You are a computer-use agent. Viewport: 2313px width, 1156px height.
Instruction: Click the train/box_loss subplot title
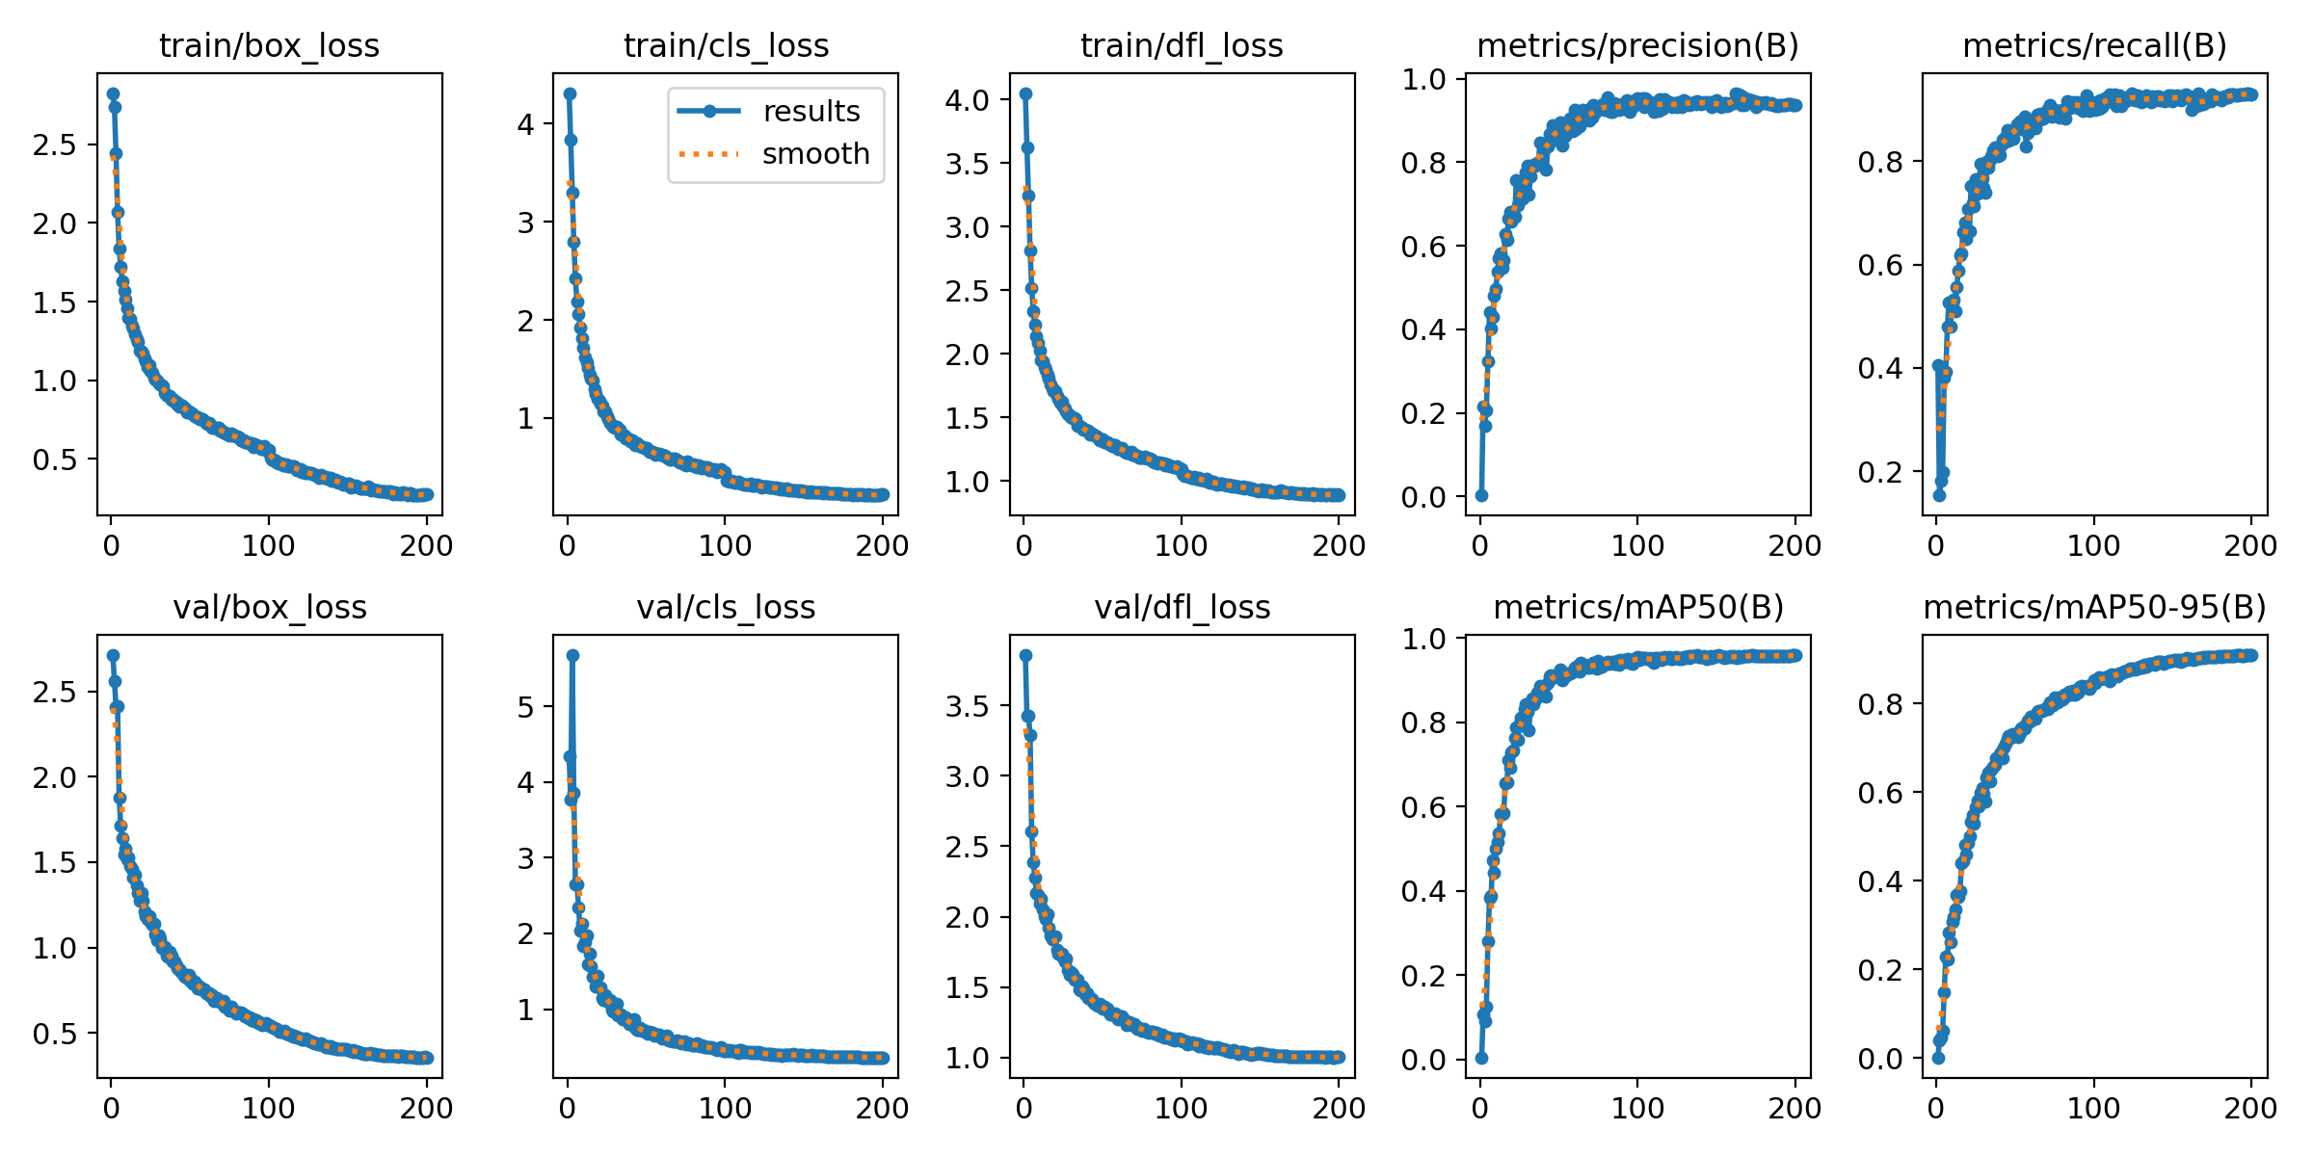click(269, 45)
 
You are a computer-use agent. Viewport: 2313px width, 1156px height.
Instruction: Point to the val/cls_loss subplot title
click(726, 607)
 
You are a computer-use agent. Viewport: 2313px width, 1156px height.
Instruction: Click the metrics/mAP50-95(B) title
click(2094, 607)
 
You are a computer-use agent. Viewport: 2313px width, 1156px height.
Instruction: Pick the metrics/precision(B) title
click(1637, 45)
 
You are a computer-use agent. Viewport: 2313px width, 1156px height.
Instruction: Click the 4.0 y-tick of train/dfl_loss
click(967, 99)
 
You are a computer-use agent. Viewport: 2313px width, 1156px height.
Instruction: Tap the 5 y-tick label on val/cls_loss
click(525, 706)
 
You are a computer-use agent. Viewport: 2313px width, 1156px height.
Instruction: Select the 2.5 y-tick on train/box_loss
click(54, 144)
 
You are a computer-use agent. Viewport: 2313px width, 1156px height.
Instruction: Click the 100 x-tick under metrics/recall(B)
click(2093, 545)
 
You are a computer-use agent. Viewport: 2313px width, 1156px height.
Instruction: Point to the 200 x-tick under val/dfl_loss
click(1339, 1108)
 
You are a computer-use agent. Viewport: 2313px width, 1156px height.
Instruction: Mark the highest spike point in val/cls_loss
click(572, 655)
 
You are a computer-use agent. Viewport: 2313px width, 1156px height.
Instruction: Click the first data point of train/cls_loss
click(570, 93)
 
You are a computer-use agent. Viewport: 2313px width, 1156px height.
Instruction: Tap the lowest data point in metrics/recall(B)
click(1939, 495)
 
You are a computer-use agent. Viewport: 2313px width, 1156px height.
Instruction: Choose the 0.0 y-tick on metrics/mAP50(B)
click(1423, 1059)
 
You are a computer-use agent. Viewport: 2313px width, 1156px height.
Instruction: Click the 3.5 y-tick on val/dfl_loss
click(967, 706)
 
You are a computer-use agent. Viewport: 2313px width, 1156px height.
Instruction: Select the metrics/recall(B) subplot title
click(2094, 45)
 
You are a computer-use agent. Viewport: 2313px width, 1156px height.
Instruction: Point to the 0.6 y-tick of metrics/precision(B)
click(1423, 246)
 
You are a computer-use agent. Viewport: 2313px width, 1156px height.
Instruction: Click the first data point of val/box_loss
click(113, 655)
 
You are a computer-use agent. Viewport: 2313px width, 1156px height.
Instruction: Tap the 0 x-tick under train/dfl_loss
click(1024, 545)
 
